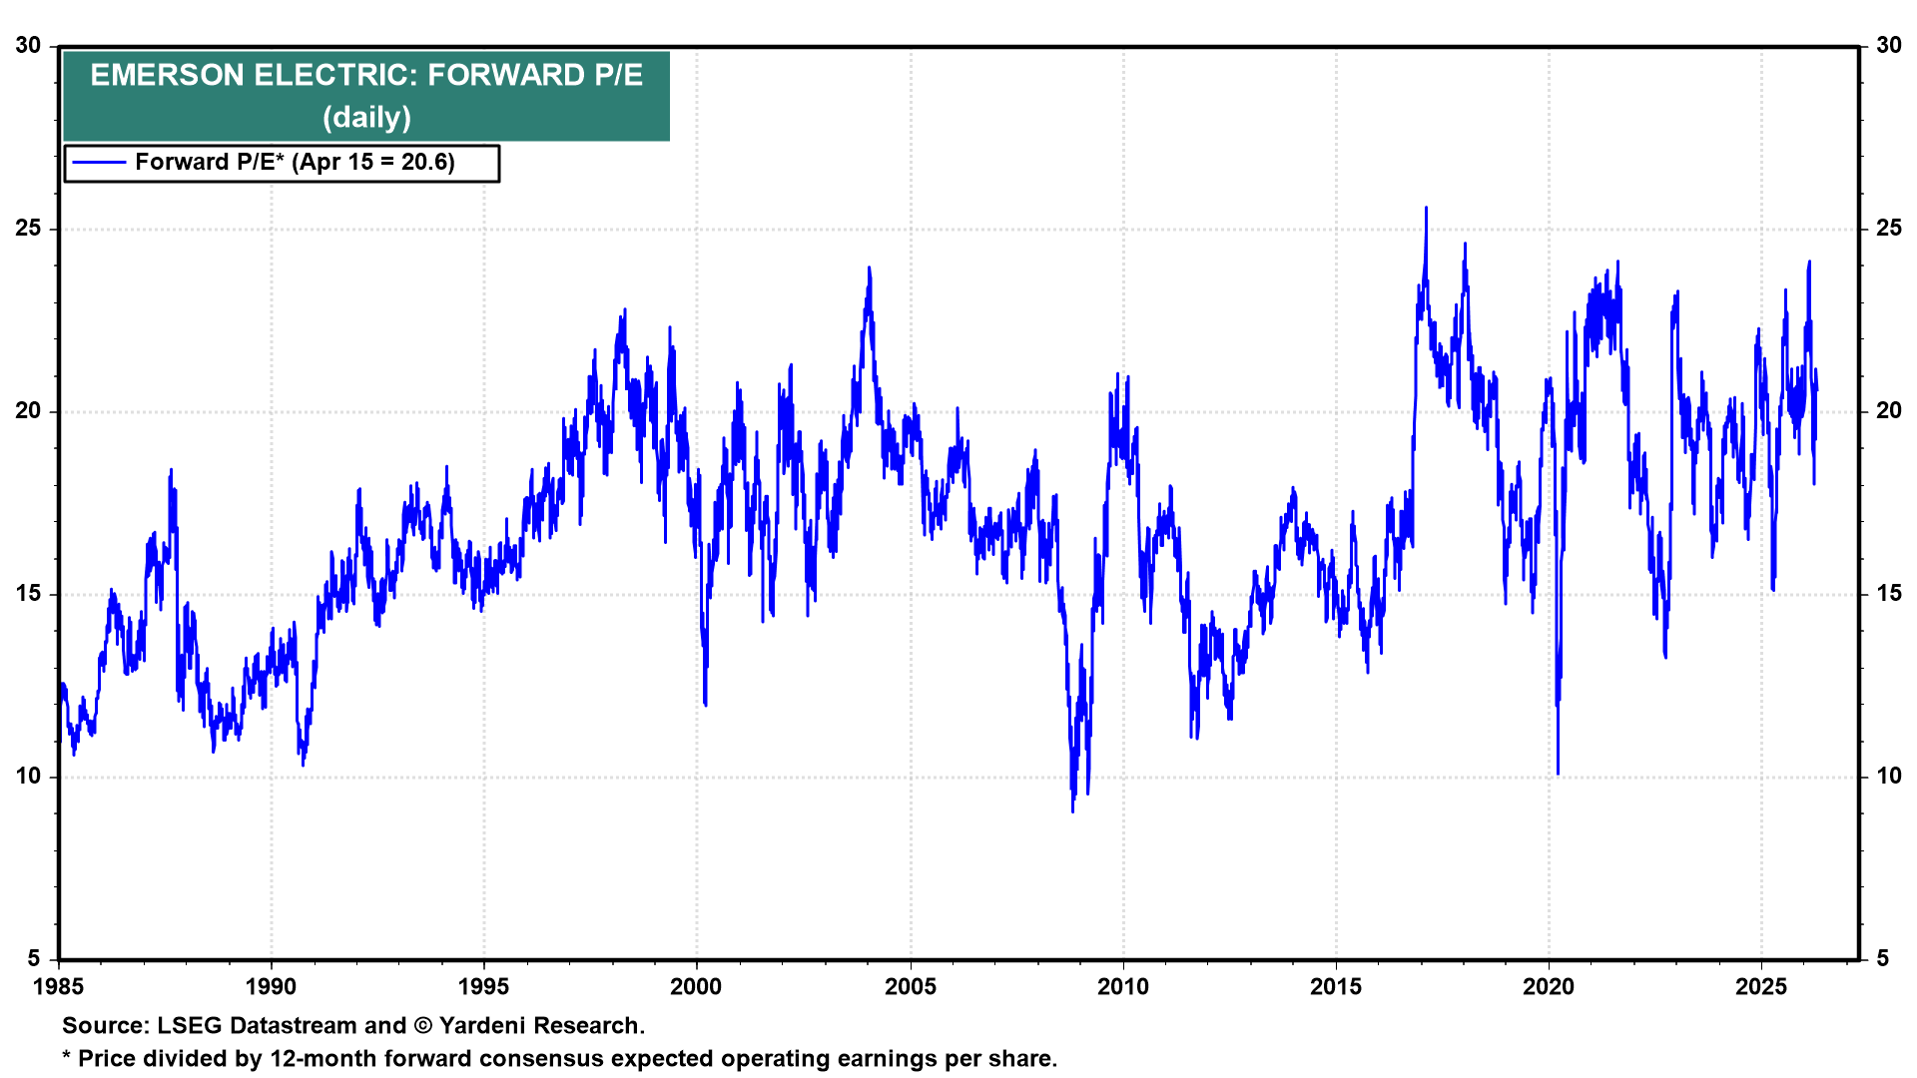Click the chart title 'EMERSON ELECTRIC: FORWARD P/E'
366,76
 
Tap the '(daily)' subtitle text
366,118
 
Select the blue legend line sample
99,163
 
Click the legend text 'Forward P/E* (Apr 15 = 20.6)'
295,163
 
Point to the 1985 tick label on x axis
59,987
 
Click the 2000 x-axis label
696,987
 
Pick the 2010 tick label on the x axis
1123,987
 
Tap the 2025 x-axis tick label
1761,987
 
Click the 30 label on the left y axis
28,46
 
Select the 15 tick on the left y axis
28,594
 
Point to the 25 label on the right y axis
1889,229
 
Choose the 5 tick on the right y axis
1883,959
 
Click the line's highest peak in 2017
1426,208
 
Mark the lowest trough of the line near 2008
1073,811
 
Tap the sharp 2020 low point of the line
1558,774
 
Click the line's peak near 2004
870,268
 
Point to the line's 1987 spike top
171,469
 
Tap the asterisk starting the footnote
67,1056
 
